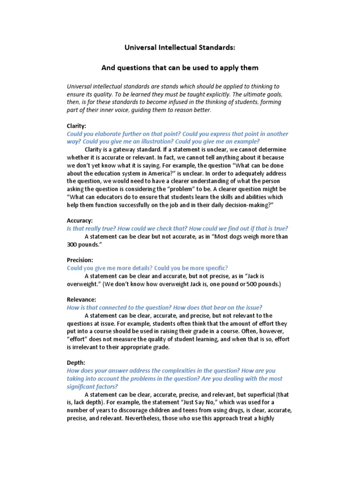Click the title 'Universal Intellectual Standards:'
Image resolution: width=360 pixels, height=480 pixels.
tap(180, 47)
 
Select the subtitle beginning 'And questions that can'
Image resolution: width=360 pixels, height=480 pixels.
tap(180, 67)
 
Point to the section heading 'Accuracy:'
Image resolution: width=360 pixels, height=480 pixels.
tap(80, 220)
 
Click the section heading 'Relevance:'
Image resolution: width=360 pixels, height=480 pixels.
tap(82, 299)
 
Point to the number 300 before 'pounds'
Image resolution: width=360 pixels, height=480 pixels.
tap(73, 244)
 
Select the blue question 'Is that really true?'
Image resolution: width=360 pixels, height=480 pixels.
tap(91, 228)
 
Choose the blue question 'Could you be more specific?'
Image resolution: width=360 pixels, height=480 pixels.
tap(191, 268)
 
